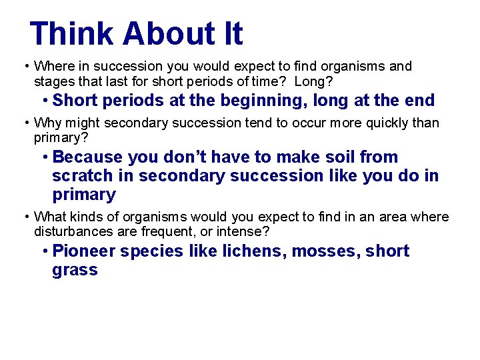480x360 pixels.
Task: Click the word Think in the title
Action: click(71, 34)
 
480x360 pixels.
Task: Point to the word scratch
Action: click(81, 176)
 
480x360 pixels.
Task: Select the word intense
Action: click(246, 232)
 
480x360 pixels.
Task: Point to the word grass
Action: click(75, 271)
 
